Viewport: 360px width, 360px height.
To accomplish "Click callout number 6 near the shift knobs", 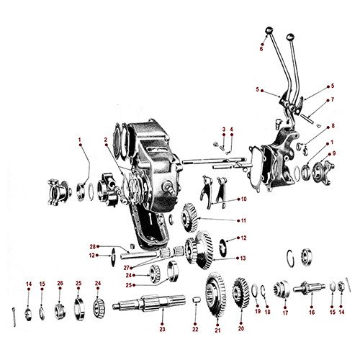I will click(x=261, y=49).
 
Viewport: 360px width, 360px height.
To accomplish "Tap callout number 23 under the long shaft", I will click(x=162, y=329).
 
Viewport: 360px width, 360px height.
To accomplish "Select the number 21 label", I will click(x=217, y=331).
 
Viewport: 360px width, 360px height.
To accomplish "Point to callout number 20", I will click(x=240, y=329).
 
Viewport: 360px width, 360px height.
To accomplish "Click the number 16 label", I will click(x=312, y=314).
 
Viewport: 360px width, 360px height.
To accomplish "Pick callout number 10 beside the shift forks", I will click(x=243, y=199).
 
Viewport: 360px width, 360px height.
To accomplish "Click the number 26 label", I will click(x=60, y=283).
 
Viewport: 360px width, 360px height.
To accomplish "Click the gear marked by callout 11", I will click(x=189, y=215).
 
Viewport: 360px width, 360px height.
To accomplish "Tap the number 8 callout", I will click(x=332, y=126).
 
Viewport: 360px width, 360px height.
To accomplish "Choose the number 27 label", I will click(x=125, y=268).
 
